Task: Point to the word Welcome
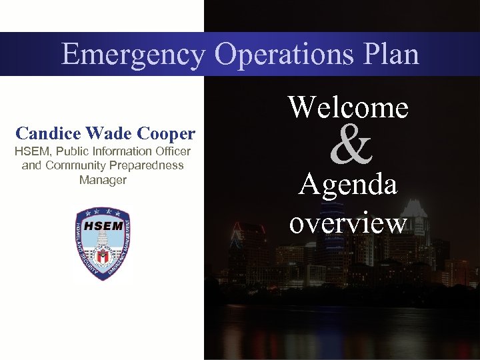click(348, 107)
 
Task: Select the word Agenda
click(348, 185)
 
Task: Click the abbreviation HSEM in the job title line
click(31, 152)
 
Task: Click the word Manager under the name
click(103, 179)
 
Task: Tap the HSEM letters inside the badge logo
click(103, 225)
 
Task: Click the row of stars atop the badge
click(103, 211)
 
